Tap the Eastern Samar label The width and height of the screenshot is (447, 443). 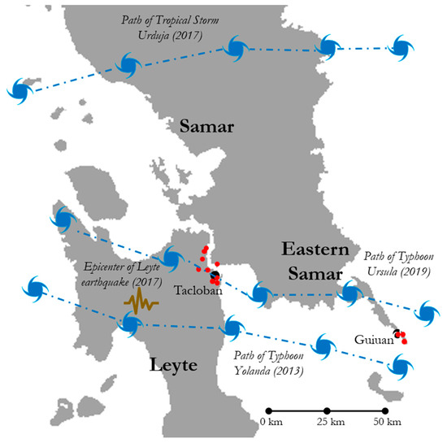(x=315, y=260)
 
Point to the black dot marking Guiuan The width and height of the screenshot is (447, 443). (x=397, y=332)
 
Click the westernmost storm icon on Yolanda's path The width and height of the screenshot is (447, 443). (x=34, y=288)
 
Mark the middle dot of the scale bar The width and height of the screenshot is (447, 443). (x=327, y=410)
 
